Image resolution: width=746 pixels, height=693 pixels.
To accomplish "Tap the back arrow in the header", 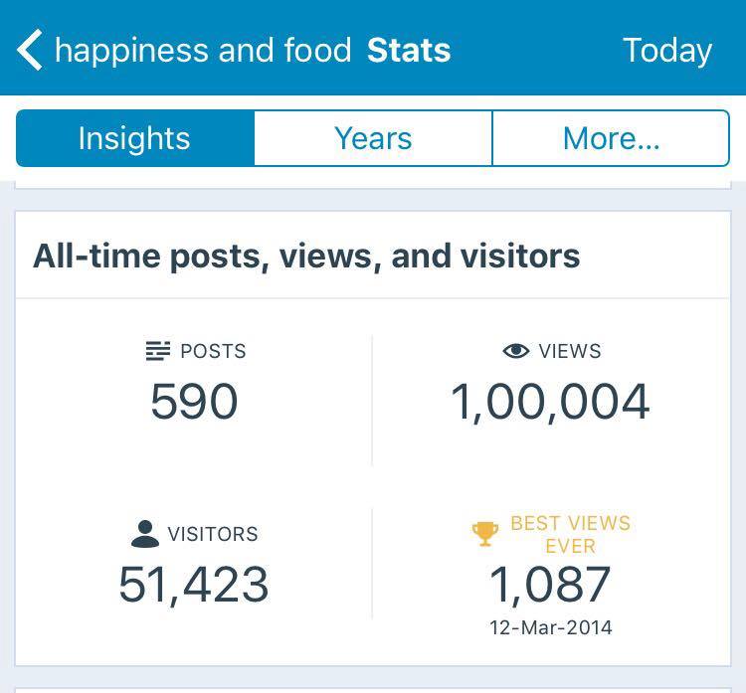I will click(30, 50).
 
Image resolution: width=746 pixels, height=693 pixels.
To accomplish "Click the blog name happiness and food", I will click(203, 50).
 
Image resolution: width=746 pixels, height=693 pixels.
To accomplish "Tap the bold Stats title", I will click(409, 50).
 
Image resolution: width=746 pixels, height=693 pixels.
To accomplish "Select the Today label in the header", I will click(667, 50).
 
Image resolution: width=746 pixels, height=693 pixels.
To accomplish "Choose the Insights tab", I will click(134, 138).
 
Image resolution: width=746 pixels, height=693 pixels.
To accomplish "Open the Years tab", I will click(373, 138).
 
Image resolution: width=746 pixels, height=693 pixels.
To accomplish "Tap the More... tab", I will click(611, 138).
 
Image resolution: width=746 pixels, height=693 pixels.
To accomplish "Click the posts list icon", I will click(157, 351).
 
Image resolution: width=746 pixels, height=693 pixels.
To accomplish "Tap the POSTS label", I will click(213, 351).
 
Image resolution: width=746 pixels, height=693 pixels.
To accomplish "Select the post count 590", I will click(194, 402).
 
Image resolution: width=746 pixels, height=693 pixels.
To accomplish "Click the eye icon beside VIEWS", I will click(515, 351).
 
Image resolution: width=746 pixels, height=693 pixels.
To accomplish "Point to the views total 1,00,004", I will click(550, 402).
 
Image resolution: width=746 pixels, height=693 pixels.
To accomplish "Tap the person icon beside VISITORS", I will click(145, 534).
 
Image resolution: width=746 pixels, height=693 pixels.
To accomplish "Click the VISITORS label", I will click(213, 534).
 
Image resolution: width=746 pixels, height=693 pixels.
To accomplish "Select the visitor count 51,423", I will click(194, 584).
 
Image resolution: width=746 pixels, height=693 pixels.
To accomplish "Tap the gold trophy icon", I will click(485, 534).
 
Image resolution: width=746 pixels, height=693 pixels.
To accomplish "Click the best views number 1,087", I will click(550, 584).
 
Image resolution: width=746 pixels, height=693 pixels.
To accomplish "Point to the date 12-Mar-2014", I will click(550, 627).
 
